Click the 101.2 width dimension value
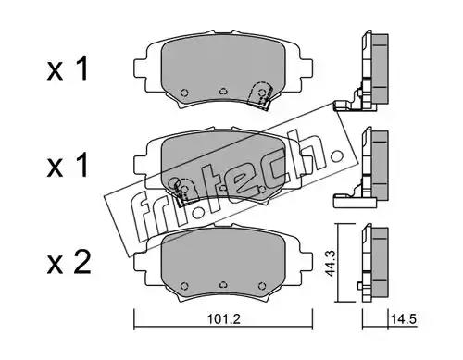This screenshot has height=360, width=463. click(x=223, y=319)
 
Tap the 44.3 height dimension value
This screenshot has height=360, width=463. click(x=330, y=264)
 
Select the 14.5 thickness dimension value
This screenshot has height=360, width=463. click(x=404, y=319)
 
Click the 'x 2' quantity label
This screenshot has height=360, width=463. click(x=69, y=263)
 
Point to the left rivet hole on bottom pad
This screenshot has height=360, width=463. click(x=184, y=285)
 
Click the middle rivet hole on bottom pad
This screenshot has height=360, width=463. click(x=223, y=285)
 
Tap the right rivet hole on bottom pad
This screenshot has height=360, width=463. click(x=262, y=285)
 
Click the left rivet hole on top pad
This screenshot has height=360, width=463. click(x=184, y=93)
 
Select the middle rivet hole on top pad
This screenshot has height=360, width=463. click(x=223, y=92)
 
